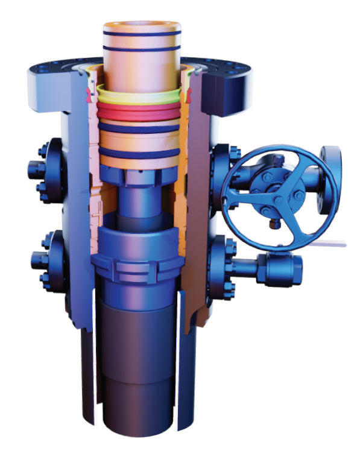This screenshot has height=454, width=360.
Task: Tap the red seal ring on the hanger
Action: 141,112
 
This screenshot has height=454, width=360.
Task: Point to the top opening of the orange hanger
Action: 142,27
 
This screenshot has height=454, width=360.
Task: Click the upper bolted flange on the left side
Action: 47,167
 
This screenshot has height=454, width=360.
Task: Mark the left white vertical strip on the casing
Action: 95,356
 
